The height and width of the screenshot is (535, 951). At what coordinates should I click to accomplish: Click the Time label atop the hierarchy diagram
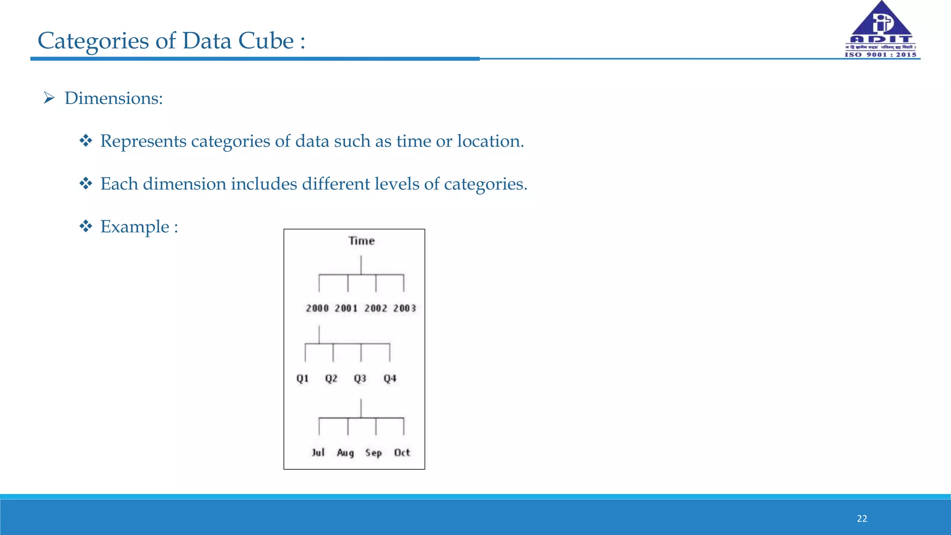click(x=361, y=241)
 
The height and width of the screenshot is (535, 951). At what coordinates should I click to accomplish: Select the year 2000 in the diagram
click(x=317, y=308)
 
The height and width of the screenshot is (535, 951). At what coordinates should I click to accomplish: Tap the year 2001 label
click(x=346, y=308)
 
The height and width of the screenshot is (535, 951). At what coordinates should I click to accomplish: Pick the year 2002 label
click(x=376, y=308)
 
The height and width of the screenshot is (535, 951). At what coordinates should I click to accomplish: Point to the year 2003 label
click(x=404, y=308)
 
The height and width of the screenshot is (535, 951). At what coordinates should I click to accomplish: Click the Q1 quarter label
click(x=302, y=378)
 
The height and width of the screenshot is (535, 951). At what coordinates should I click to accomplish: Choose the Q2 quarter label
click(x=331, y=378)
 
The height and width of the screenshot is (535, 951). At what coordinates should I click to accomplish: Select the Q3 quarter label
click(x=360, y=378)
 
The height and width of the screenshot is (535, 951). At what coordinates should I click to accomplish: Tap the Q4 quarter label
click(x=390, y=378)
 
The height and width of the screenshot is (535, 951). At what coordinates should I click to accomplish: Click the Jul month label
click(x=318, y=452)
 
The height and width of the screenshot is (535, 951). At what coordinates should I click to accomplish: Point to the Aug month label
click(x=345, y=453)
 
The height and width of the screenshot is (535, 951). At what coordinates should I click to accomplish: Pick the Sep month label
click(x=374, y=453)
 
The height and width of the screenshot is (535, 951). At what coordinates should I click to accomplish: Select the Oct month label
click(x=402, y=452)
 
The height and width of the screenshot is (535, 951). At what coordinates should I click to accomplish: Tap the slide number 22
click(x=862, y=519)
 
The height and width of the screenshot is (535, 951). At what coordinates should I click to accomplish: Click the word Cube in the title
click(x=266, y=41)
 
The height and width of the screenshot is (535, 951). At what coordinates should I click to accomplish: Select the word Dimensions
click(x=114, y=98)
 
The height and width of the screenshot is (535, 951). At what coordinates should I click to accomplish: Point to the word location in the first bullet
click(x=490, y=141)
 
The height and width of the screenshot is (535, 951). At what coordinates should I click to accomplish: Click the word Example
click(x=135, y=227)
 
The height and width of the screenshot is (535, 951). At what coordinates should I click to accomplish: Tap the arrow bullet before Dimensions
click(x=49, y=98)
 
